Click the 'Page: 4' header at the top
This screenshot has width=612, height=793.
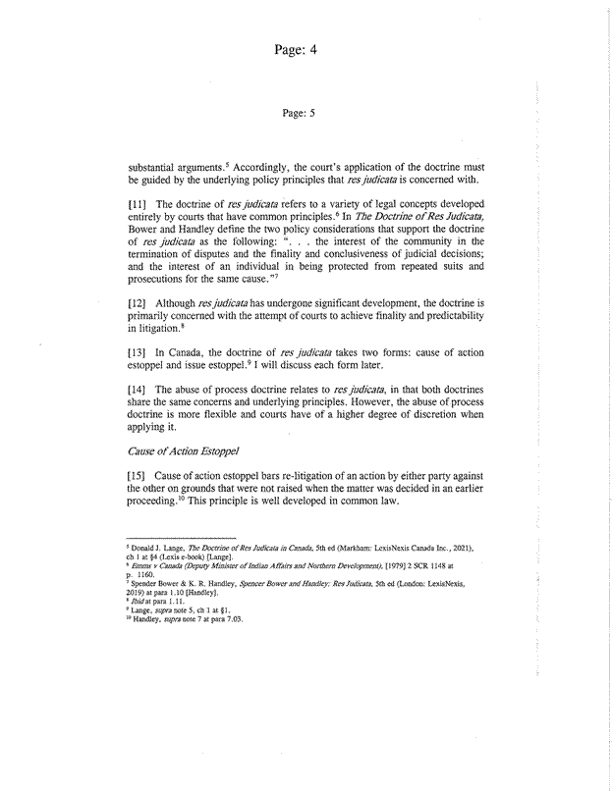click(x=306, y=47)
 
